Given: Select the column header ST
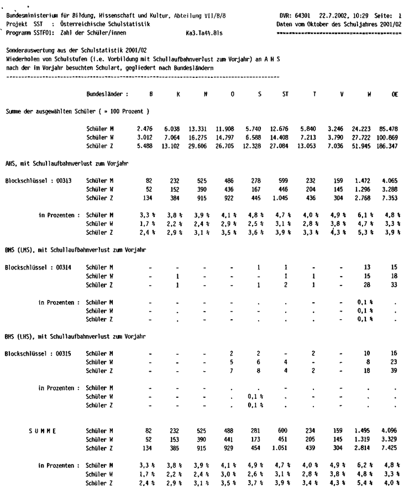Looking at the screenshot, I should pyautogui.click(x=285, y=94).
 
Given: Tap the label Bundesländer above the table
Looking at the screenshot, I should pyautogui.click(x=108, y=94).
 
